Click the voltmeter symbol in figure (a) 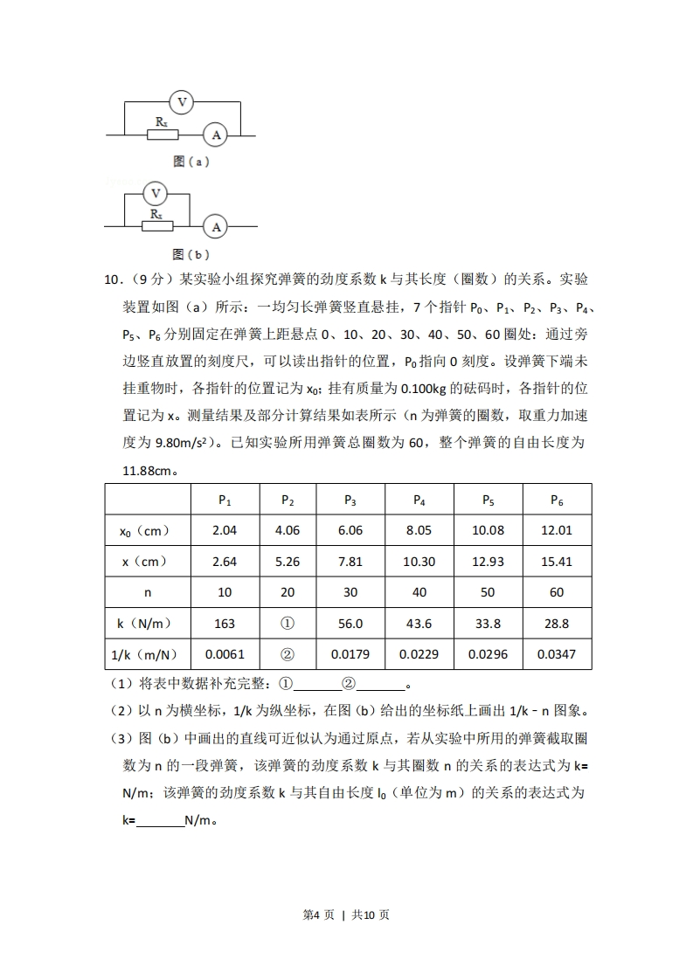182,103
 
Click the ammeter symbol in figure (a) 215,135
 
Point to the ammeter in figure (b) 215,227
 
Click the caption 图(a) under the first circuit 191,162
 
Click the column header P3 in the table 350,500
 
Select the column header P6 557,500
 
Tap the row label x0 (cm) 146,531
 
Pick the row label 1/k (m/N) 146,653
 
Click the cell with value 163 225,623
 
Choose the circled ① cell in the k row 287,623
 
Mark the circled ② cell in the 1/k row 287,653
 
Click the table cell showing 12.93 488,562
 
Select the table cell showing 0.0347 557,653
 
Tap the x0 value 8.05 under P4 419,531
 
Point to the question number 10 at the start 113,280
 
